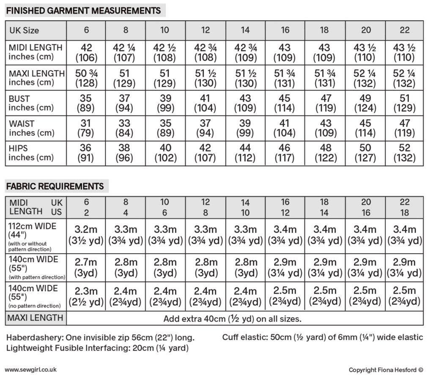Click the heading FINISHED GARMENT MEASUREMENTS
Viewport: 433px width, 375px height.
pos(83,10)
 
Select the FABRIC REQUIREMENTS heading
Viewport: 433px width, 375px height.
pos(55,186)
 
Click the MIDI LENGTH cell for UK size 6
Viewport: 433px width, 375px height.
pos(86,52)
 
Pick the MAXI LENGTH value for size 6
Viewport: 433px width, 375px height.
pos(86,78)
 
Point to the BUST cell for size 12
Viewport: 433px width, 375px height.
pos(205,103)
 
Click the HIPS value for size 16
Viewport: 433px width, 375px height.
pos(285,153)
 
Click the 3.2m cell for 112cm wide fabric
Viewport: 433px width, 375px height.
pos(86,235)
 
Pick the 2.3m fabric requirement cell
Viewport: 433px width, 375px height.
pos(86,296)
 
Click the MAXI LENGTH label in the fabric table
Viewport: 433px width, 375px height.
pos(36,318)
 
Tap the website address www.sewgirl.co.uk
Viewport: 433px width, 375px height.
pos(31,370)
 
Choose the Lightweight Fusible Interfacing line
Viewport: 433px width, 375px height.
pos(97,348)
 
